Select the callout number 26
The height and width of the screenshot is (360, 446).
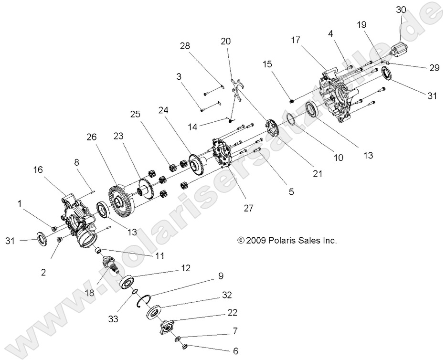pos(91,137)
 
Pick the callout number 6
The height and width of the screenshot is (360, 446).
pos(235,350)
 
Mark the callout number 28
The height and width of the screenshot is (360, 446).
pos(185,46)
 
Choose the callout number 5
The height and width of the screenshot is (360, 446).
pos(291,192)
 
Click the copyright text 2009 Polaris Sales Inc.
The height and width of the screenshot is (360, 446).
pos(287,241)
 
